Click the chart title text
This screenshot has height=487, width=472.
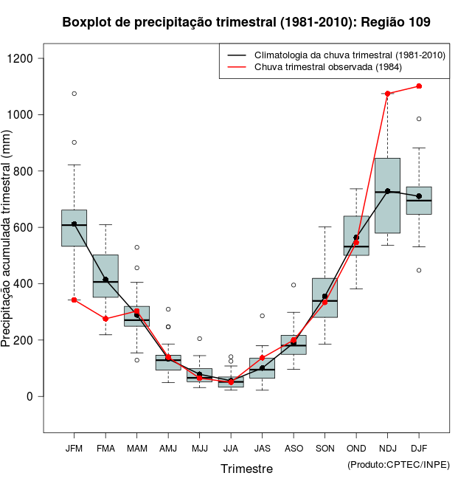246,23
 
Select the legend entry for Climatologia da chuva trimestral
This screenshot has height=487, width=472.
349,55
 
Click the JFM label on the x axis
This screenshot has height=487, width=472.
74,448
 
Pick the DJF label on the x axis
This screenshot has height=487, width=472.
419,448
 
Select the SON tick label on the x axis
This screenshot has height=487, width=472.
324,448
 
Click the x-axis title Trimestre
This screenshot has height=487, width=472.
246,469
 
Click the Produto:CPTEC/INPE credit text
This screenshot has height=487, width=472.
398,464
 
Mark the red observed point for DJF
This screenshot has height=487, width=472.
419,86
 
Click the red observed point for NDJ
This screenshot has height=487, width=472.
387,94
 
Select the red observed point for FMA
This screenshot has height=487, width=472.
105,319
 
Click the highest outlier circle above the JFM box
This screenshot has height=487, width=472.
74,94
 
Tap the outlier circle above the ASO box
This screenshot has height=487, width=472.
294,285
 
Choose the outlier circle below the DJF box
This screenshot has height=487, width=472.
419,270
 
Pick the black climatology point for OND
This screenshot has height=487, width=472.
356,238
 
